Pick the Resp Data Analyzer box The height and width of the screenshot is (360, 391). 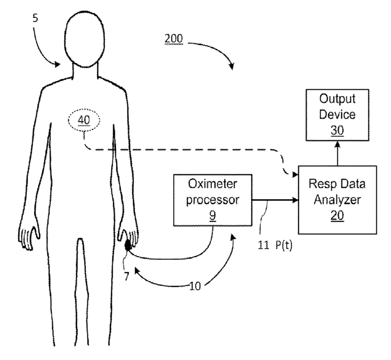(x=337, y=199)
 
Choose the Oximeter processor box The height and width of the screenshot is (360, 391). (x=213, y=199)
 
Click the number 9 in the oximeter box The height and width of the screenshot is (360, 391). (x=213, y=214)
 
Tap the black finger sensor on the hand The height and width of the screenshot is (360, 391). (x=127, y=245)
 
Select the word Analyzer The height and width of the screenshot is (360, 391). (x=337, y=200)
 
